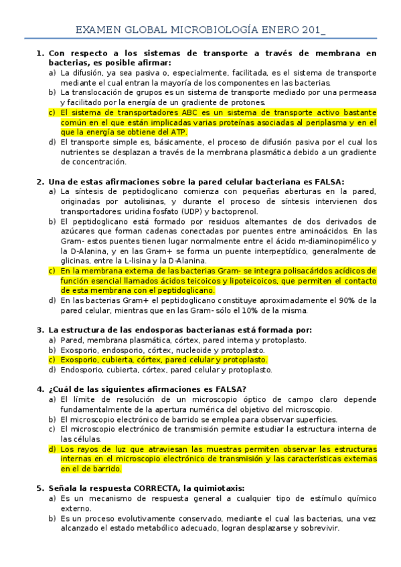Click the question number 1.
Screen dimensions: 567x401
point(39,53)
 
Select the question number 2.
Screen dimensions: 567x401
point(39,181)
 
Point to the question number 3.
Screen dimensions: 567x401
point(39,330)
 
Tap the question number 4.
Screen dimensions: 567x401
point(39,389)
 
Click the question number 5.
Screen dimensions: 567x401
point(39,488)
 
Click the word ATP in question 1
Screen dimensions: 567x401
point(179,132)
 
